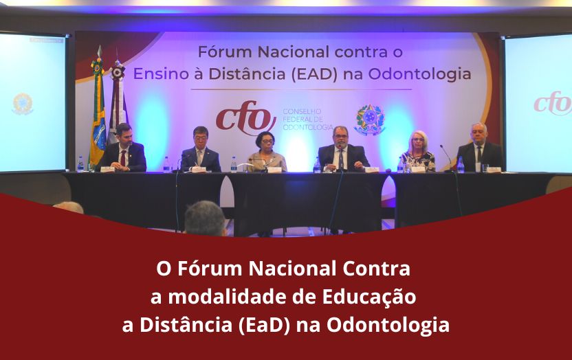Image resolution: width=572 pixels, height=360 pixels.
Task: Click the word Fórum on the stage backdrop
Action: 221,52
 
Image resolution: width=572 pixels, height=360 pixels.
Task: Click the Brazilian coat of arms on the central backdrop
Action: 369,120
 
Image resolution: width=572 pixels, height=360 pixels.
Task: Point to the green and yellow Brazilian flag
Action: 98,110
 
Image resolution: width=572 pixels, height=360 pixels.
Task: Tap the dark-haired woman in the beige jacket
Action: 267,152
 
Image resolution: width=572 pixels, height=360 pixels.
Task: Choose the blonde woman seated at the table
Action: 419,152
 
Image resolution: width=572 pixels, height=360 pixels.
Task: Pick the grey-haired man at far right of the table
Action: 478,148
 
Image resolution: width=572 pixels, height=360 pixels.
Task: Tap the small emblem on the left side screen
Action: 23,103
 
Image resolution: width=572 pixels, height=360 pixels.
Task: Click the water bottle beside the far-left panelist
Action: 80,164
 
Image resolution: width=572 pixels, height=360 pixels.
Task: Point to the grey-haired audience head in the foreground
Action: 205,218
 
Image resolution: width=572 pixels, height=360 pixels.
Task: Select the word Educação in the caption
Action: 369,296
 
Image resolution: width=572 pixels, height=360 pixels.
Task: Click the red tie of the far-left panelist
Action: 123,157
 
